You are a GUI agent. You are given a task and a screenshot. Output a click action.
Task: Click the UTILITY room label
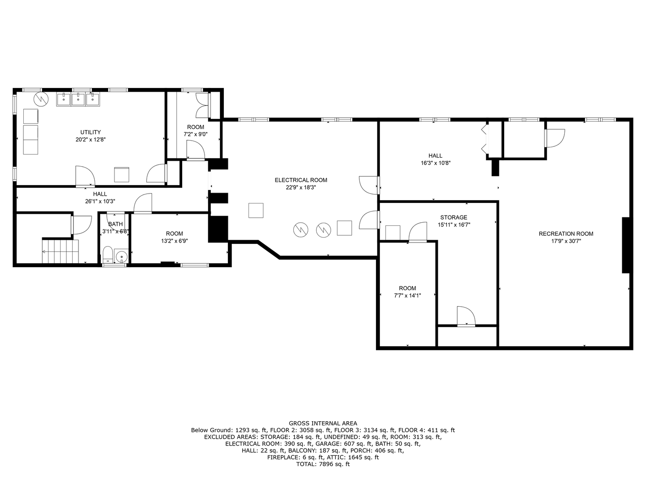[x=90, y=132]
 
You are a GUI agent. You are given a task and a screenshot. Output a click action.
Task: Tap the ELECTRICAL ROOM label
[x=301, y=180]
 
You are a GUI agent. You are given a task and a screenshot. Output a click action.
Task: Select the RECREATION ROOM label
[x=566, y=234]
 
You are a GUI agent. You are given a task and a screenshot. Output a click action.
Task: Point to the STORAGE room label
[x=454, y=217]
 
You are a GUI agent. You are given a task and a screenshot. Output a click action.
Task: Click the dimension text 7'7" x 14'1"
[x=407, y=295]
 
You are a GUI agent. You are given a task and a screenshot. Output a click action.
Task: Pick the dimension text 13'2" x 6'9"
[x=174, y=241]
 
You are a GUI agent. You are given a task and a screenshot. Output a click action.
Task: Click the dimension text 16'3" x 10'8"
[x=435, y=163]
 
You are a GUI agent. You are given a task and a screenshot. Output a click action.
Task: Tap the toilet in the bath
[x=108, y=256]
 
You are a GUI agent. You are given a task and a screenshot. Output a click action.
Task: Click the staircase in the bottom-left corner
[x=60, y=251]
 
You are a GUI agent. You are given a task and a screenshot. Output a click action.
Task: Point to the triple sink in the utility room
[x=78, y=99]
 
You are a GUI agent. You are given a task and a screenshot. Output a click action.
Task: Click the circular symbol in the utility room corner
[x=40, y=99]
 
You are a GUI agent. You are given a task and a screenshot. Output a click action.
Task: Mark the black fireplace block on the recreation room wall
[x=626, y=245]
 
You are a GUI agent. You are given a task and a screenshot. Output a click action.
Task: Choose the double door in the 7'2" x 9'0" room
[x=202, y=106]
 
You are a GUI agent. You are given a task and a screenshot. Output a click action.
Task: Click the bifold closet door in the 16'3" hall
[x=484, y=139]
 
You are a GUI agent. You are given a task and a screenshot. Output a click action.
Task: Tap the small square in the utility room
[x=122, y=174]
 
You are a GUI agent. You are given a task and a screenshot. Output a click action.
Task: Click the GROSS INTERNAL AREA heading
[x=323, y=423]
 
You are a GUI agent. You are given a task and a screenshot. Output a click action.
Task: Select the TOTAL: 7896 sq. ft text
[x=323, y=464]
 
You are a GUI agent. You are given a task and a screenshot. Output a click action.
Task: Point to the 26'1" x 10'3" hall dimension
[x=100, y=201]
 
